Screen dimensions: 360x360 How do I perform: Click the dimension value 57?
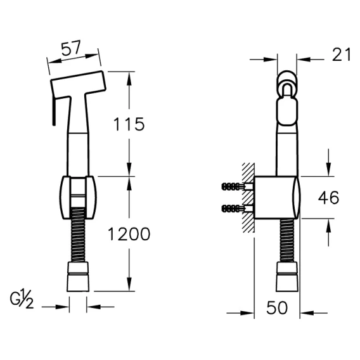coord(71,48)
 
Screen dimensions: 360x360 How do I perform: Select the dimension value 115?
coord(129,124)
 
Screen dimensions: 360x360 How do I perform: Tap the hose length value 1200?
coord(129,234)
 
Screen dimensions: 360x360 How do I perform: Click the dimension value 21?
coord(342,55)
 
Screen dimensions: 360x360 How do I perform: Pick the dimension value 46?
coord(328,198)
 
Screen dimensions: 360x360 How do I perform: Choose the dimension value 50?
coord(277,307)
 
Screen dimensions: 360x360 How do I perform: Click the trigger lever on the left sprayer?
coord(54,111)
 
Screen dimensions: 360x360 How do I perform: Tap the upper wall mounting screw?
coord(237,186)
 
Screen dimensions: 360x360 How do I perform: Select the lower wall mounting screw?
coord(237,209)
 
